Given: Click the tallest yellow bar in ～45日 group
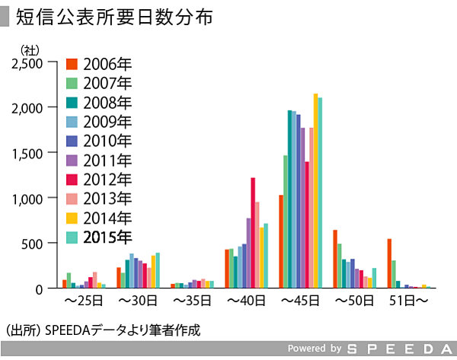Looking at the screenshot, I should click(x=315, y=190).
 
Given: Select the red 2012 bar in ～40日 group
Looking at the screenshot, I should click(x=253, y=232).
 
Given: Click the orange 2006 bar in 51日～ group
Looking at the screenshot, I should click(x=389, y=263).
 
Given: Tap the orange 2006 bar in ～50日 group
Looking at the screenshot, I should click(x=335, y=259).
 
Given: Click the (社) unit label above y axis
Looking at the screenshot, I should click(x=29, y=49).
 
